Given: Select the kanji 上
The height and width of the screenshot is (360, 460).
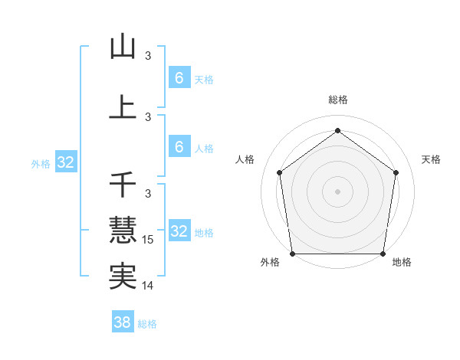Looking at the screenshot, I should tap(123, 107).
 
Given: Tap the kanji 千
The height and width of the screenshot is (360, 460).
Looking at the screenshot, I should tap(123, 185).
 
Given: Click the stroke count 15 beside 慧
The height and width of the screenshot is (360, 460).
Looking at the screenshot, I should tap(149, 240).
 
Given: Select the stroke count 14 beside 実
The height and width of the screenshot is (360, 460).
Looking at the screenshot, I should tap(149, 286).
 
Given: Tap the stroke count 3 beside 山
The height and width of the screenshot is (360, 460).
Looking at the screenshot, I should tap(148, 56).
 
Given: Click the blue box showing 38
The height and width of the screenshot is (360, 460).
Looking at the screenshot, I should tap(123, 322).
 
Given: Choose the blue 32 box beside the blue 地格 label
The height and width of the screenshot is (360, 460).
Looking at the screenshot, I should tap(179, 231).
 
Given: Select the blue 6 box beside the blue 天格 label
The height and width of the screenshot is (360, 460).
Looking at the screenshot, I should tap(179, 77).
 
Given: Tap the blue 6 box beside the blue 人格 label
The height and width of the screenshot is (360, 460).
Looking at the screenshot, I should tap(179, 146).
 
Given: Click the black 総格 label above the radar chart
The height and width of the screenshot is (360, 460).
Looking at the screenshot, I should tap(337, 100).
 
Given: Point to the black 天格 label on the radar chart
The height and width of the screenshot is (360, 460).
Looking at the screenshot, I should tap(431, 159).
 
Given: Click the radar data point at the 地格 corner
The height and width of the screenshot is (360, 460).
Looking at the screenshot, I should tap(383, 254).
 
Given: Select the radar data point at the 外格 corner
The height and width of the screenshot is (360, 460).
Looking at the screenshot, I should tap(292, 254).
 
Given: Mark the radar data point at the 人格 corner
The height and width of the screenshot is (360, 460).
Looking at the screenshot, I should tap(279, 172).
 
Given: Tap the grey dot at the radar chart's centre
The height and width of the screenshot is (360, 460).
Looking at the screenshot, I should tap(337, 191).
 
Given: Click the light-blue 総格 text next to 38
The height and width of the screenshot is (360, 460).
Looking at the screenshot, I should tap(147, 324).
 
